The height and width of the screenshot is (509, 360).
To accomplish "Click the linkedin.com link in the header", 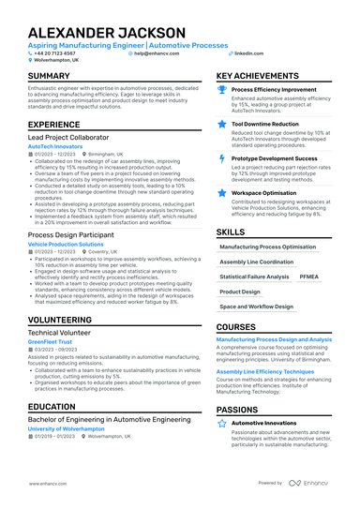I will [248, 53].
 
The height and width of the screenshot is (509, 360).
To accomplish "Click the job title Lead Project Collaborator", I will [67, 137].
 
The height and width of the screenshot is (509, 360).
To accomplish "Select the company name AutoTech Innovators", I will [54, 147].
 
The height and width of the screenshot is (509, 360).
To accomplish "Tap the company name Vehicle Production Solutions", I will [66, 244].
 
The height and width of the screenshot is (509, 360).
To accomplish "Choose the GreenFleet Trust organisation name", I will [50, 342].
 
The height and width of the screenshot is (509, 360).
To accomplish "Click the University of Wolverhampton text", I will [67, 427].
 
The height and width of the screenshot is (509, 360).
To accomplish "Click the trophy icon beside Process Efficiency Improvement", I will [221, 90].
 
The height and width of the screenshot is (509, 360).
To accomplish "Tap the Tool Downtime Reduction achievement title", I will [265, 123].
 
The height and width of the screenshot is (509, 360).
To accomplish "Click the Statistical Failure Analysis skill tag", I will [254, 277].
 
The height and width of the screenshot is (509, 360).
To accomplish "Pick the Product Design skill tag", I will [240, 292].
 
